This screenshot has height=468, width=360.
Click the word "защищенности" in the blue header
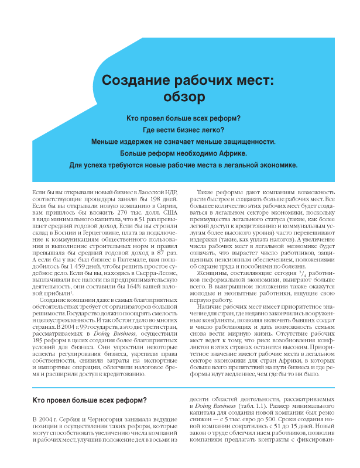point(246,141)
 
